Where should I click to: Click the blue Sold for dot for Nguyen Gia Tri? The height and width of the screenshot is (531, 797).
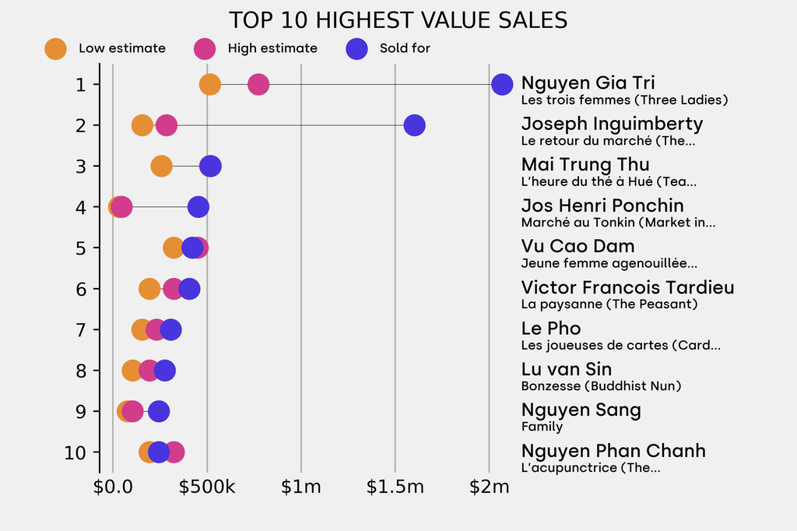point(502,84)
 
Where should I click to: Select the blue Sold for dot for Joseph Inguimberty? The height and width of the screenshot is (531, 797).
point(414,125)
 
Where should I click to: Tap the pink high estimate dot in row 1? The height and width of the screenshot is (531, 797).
point(258,84)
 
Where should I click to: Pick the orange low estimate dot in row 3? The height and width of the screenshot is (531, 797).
point(161,166)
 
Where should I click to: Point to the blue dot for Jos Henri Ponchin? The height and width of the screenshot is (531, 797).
point(198,207)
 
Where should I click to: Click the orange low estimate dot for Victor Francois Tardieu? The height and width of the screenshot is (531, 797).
point(149,289)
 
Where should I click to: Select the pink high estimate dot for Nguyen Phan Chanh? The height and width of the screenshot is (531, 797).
point(174,452)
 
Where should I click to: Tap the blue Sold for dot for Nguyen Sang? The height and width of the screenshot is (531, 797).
point(159,411)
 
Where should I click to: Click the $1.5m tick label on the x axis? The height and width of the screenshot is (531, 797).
point(395,488)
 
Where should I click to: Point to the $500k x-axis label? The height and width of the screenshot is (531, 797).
point(207,488)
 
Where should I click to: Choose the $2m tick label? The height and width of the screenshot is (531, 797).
point(489,488)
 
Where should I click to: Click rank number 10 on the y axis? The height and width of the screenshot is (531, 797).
point(76,452)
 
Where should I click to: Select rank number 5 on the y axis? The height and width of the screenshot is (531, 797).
point(81,248)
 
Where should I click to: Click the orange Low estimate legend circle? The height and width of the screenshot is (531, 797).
point(55,48)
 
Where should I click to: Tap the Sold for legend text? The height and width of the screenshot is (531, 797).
point(405,48)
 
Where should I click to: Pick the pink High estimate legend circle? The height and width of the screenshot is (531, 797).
point(205,48)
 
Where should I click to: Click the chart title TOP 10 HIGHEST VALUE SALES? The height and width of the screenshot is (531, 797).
point(398,20)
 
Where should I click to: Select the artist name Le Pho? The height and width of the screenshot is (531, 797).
point(551,329)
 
